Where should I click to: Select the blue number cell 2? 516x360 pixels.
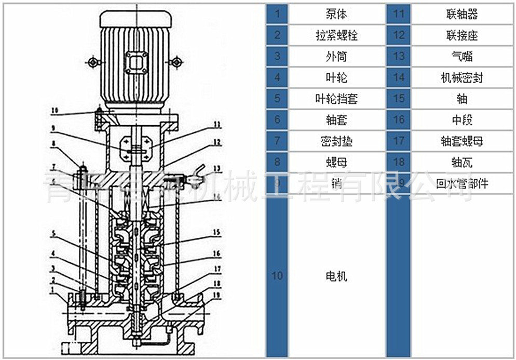click(x=277, y=35)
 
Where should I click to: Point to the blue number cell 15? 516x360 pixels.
click(x=398, y=99)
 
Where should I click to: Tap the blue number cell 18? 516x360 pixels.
click(x=398, y=162)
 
